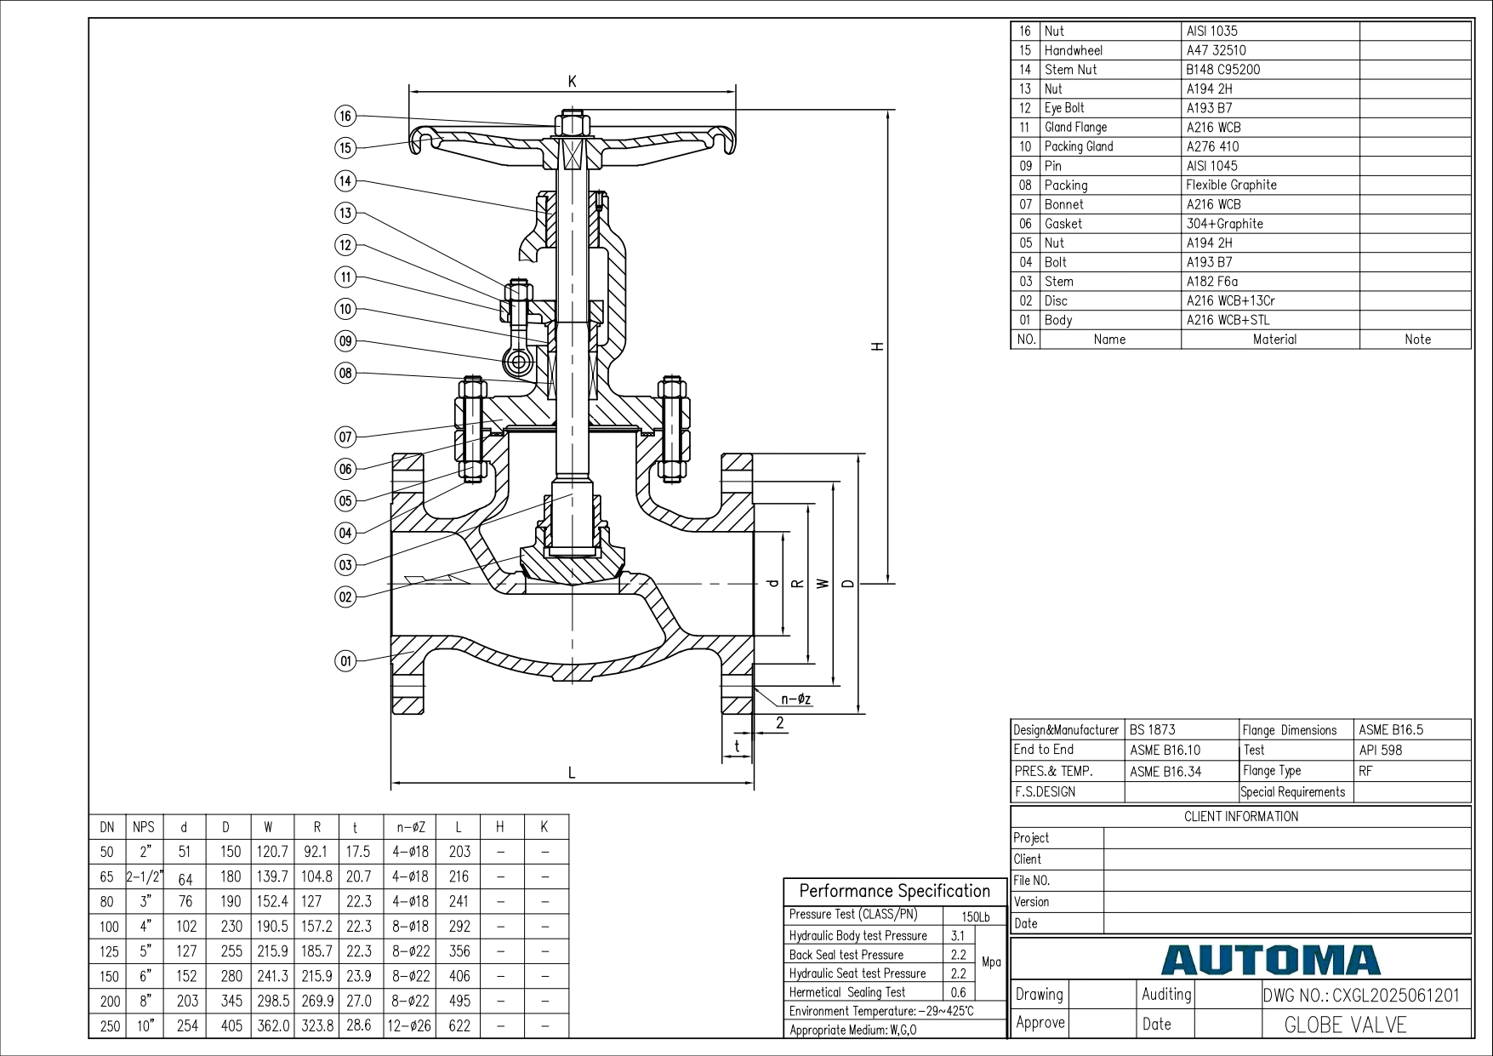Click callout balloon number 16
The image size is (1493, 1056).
pos(345,117)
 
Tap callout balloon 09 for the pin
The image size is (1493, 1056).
pos(345,341)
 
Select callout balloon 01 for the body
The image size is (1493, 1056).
pos(345,661)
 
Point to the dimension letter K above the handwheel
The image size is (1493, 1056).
pos(573,82)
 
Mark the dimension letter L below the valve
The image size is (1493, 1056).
pos(572,773)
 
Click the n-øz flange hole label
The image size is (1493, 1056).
pos(796,699)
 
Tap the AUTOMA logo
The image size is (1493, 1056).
pos(1270,961)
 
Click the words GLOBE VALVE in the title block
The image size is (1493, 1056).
pos(1345,1025)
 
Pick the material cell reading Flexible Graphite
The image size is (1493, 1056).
pos(1231,185)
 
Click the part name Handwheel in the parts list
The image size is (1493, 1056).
pos(1073,50)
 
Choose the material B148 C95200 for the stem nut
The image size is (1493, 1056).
pos(1223,70)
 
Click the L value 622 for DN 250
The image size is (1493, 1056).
pos(459,1025)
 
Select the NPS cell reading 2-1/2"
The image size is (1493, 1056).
pos(145,876)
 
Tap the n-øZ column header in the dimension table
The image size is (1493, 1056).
pos(411,827)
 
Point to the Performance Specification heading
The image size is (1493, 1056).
pos(895,891)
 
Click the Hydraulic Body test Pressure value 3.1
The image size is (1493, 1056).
pos(957,935)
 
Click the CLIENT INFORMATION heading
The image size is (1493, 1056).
pos(1241,817)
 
